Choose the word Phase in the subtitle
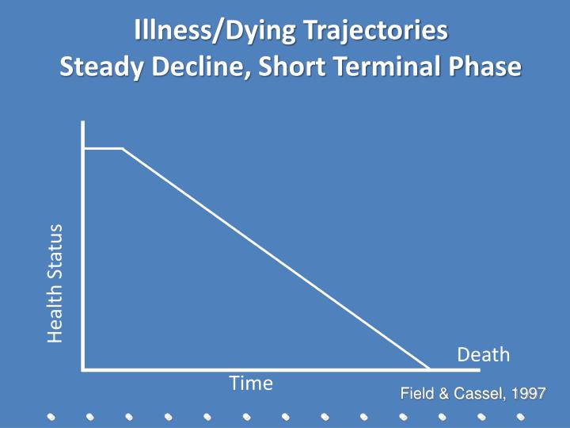pos(484,67)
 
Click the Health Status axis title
pos(55,284)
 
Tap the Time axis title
pos(251,384)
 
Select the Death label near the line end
pos(484,354)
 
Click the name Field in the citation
pos(416,394)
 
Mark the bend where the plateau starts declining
pos(122,148)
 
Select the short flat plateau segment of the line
pos(103,148)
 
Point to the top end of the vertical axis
pos(82,124)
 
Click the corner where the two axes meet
pos(82,369)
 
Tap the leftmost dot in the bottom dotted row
pos(50,416)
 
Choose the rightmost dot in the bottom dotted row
pos(520,416)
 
